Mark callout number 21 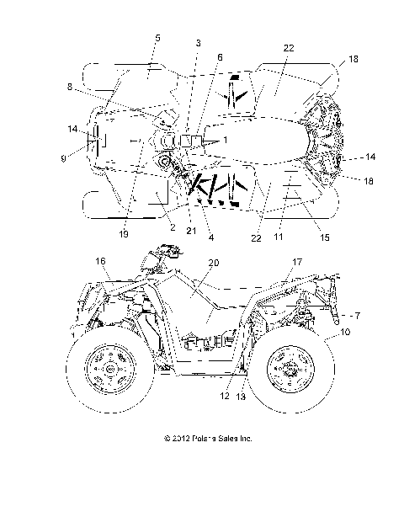click(190, 232)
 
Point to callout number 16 click(101, 262)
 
